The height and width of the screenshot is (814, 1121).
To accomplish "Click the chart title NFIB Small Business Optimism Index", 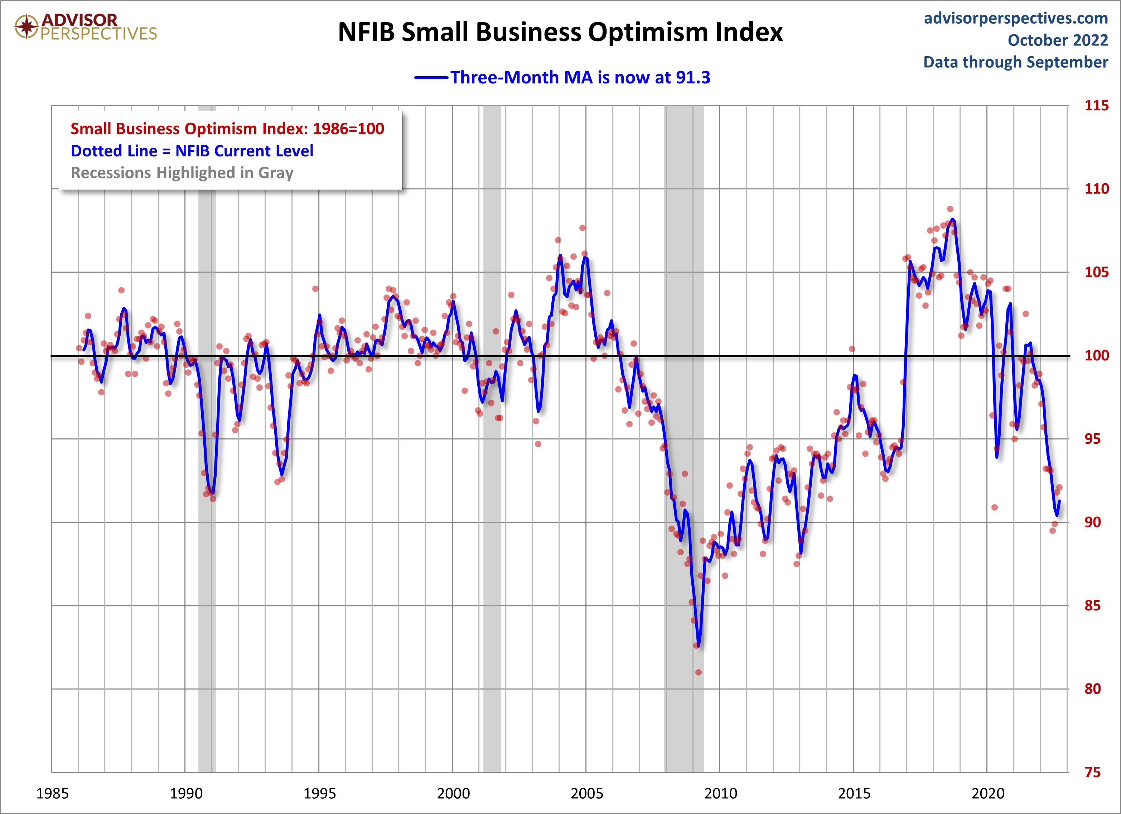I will coord(560,33).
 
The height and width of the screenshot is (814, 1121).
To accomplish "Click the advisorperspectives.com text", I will coord(1016,18).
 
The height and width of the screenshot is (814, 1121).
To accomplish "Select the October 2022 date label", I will coord(1058,40).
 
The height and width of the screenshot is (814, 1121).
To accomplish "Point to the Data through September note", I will coord(1016,62).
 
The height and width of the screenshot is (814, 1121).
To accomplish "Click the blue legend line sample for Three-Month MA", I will coord(431,78).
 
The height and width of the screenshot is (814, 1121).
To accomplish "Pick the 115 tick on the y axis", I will coord(1096,105).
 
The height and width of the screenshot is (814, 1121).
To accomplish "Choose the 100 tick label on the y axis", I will coord(1096,356).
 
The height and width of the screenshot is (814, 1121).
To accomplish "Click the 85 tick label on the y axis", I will coord(1092,605).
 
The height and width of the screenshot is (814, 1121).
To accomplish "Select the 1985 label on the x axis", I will coord(52,794).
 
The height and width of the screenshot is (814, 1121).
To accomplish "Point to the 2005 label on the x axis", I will coord(587,794).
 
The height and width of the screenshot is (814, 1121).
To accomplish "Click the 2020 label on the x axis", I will coord(987,794).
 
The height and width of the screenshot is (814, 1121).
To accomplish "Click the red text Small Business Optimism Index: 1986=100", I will coord(227,129).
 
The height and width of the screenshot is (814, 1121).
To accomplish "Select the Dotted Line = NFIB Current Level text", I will coord(192,151).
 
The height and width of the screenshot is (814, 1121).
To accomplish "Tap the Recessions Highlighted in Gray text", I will coord(182,173).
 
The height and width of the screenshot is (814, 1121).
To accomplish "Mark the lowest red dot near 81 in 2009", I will coord(699,672).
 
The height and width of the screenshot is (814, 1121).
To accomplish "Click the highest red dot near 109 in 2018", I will coord(950,209).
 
